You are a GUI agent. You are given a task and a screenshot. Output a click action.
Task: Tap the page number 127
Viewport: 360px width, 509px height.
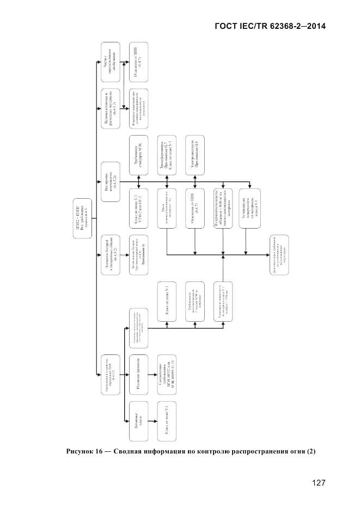click(319, 482)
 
